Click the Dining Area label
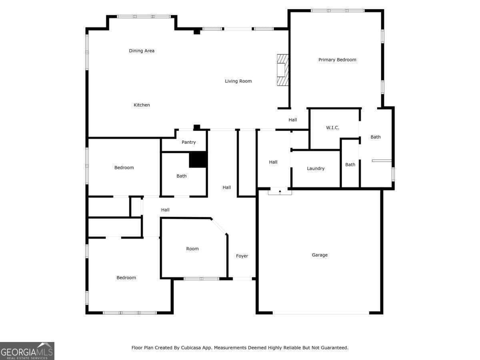tap(142, 51)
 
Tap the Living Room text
tap(238, 81)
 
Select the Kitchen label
tap(142, 105)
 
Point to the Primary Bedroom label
tap(337, 60)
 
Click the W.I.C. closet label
tap(332, 128)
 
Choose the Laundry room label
tap(316, 169)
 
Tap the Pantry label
tap(188, 142)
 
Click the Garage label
tap(320, 255)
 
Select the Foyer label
tap(242, 256)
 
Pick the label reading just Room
tap(192, 249)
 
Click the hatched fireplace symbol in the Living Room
tap(282, 70)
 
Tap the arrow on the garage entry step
tap(280, 192)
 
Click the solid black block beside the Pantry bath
tap(198, 160)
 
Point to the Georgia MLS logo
tap(27, 351)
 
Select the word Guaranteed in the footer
tap(334, 348)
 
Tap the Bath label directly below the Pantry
tap(182, 176)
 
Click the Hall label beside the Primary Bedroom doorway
tap(293, 120)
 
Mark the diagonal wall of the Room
tap(219, 226)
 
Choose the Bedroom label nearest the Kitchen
tap(124, 168)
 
